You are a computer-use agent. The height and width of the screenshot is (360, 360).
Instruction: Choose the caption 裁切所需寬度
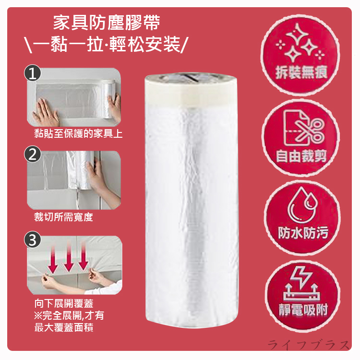click(x=63, y=217)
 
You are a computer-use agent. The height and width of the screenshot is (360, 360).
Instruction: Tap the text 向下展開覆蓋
click(x=64, y=303)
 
